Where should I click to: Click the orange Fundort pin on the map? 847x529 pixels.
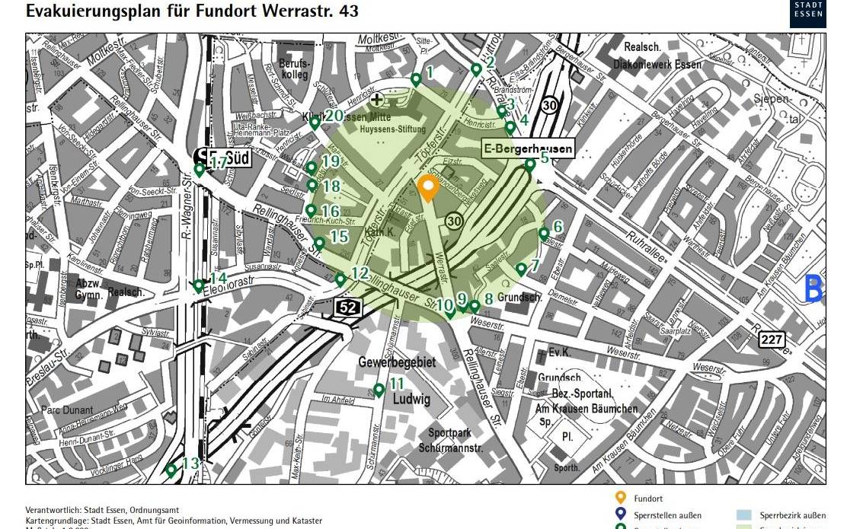(x=428, y=187)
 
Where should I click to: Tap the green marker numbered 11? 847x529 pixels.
(x=379, y=390)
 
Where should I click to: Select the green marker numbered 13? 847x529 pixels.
(x=171, y=470)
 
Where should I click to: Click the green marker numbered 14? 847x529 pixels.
(x=199, y=285)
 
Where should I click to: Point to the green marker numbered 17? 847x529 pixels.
(x=200, y=170)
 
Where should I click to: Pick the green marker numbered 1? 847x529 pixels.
(x=416, y=78)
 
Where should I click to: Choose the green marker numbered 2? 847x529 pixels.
(x=476, y=69)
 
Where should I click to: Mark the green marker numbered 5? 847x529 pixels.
(x=530, y=164)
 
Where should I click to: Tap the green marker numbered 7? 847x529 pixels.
(x=521, y=269)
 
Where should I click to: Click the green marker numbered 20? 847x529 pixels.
(x=315, y=122)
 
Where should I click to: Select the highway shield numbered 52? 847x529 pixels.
(x=346, y=307)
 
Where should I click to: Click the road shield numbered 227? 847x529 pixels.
(x=771, y=340)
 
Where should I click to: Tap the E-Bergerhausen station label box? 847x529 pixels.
(x=528, y=149)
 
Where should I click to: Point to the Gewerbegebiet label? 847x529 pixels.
(x=397, y=362)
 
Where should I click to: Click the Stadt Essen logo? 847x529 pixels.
(x=807, y=13)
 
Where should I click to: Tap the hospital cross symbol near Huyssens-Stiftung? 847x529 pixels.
(x=376, y=99)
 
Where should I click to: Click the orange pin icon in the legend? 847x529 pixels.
(x=621, y=499)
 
